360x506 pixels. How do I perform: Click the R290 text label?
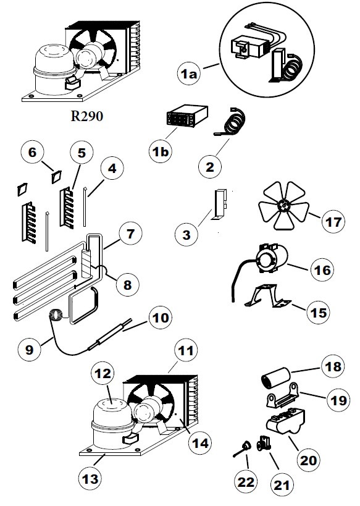pyautogui.click(x=87, y=116)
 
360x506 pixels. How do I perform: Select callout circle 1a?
pyautogui.click(x=189, y=74)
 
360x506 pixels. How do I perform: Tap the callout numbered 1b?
pyautogui.click(x=161, y=151)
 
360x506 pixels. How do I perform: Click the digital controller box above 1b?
pyautogui.click(x=186, y=116)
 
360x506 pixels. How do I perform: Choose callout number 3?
pyautogui.click(x=186, y=235)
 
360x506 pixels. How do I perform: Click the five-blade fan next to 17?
pyautogui.click(x=283, y=206)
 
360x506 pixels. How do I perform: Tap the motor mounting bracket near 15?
pyautogui.click(x=267, y=295)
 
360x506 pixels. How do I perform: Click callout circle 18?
pyautogui.click(x=333, y=367)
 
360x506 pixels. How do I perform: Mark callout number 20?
pyautogui.click(x=308, y=460)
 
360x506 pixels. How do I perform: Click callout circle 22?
pyautogui.click(x=246, y=482)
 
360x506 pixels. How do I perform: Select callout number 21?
pyautogui.click(x=282, y=485)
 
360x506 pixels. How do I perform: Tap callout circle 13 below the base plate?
pyautogui.click(x=90, y=479)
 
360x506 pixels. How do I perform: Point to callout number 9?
pyautogui.click(x=29, y=350)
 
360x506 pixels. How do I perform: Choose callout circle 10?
pyautogui.click(x=161, y=318)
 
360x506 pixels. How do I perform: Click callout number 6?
pyautogui.click(x=33, y=152)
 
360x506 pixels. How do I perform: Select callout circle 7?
pyautogui.click(x=130, y=234)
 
